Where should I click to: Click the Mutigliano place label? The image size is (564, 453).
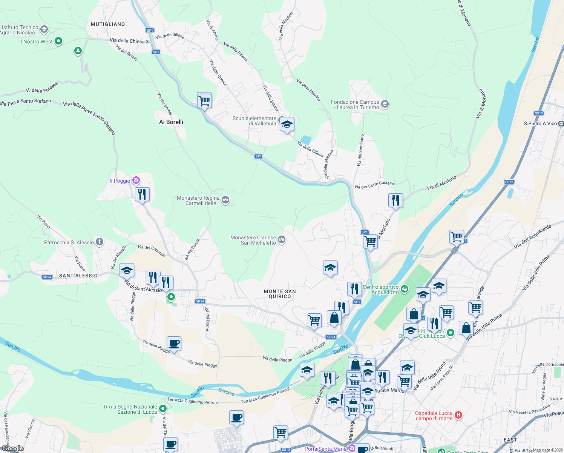[x=108, y=24]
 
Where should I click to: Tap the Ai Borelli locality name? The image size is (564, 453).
[x=171, y=122]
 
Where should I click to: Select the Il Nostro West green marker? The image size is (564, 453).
[x=58, y=41]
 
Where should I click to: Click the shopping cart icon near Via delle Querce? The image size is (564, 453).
[x=204, y=101]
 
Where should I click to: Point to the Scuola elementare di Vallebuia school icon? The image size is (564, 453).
[x=287, y=125]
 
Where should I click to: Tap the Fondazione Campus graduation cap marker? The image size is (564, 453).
[x=385, y=104]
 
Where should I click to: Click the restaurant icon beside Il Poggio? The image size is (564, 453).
[x=142, y=194]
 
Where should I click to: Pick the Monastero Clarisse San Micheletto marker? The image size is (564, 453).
[x=282, y=240]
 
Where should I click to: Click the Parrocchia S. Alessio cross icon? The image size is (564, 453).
[x=100, y=242]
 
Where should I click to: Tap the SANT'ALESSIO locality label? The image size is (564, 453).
[x=78, y=276]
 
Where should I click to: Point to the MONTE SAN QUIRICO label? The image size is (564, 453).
[x=280, y=294]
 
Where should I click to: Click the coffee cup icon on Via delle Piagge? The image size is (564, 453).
[x=174, y=344]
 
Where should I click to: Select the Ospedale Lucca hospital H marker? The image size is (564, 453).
[x=458, y=415]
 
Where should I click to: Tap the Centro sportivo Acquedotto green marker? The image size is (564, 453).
[x=405, y=290]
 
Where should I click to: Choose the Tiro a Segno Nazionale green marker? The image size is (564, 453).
[x=163, y=408]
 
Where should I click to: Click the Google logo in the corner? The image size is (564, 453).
[x=12, y=448]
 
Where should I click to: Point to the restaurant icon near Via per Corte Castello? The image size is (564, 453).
[x=395, y=200]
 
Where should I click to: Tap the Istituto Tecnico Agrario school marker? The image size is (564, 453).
[x=44, y=29]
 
